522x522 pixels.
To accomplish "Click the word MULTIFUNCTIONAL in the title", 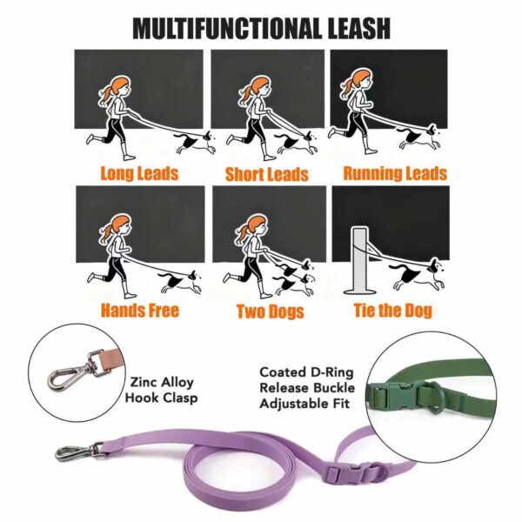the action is pos(228,29).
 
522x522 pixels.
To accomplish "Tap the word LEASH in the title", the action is pos(359,29).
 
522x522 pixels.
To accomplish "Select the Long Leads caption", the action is pos(139,173).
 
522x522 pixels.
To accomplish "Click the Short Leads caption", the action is pos(267,174).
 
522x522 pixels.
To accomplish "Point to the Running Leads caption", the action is pos(395,173).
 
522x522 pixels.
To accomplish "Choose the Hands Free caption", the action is pos(140,310).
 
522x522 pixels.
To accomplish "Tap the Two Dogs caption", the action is pos(271,311).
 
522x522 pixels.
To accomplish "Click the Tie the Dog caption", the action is pos(393,310).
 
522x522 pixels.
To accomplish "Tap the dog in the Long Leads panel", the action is pos(194,143).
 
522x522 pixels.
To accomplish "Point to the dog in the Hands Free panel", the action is pos(180,282).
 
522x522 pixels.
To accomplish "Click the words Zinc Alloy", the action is pos(162,382).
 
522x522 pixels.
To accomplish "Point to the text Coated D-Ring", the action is pos(306,372).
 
